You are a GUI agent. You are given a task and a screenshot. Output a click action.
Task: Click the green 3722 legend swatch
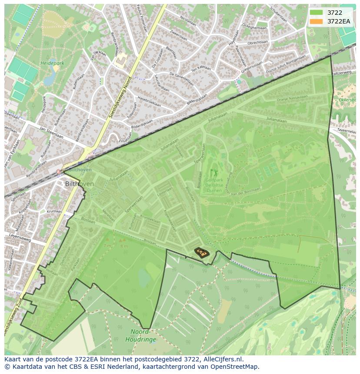[316, 13]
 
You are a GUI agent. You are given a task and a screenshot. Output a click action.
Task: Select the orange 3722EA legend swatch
[316, 21]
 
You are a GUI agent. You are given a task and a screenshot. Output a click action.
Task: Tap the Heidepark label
[52, 63]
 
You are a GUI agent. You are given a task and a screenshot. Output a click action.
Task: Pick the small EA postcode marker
[201, 252]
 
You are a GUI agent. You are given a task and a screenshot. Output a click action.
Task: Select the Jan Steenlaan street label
[51, 132]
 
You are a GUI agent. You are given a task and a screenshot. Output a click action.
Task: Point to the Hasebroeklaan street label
[149, 102]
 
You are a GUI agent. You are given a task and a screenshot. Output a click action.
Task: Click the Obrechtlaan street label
[258, 42]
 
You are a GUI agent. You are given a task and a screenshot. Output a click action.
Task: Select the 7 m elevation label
[107, 246]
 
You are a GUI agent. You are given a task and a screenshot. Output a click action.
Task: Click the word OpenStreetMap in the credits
[236, 367]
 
